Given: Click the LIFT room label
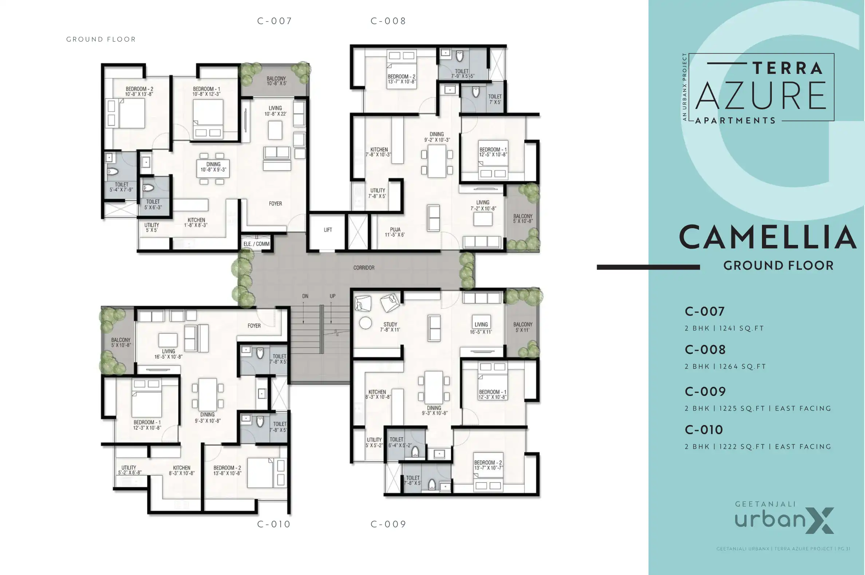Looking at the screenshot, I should (x=328, y=230).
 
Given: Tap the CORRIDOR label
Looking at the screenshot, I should (x=364, y=268).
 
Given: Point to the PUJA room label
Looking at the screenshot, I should (x=395, y=230).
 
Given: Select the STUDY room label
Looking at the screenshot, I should (x=390, y=324).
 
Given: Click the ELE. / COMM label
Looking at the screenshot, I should (x=256, y=244).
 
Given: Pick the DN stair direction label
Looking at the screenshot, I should (x=305, y=296).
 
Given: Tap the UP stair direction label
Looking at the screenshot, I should (x=332, y=296).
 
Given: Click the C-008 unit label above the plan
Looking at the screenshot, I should (x=388, y=21).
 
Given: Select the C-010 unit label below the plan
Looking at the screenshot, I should (x=274, y=524).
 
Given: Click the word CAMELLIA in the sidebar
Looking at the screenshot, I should (x=768, y=237).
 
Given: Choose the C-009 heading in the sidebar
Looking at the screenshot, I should (x=705, y=392).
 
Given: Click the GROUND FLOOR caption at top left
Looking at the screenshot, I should (x=101, y=39).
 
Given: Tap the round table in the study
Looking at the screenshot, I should (x=366, y=323).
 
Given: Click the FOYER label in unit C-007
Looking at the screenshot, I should (x=275, y=203).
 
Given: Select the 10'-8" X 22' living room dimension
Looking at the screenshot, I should (x=275, y=114).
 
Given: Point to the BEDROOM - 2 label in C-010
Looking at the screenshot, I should (x=227, y=468).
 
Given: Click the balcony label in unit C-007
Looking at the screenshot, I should (x=276, y=79).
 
